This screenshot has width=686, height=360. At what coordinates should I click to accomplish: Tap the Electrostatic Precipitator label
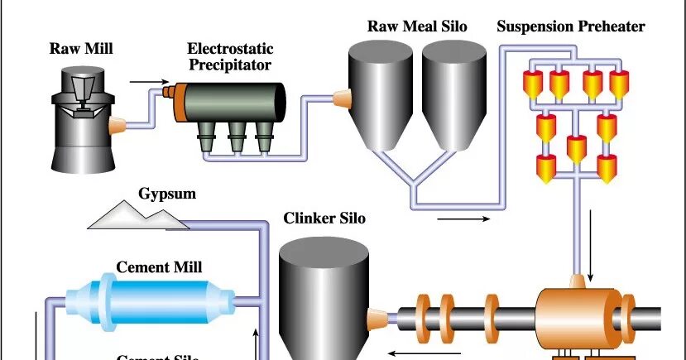(x=224, y=57)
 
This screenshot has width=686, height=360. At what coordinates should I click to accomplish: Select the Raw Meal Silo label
(x=417, y=26)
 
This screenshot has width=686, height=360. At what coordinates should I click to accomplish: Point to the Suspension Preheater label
(x=571, y=26)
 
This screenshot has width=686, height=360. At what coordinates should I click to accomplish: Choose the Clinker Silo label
(x=324, y=219)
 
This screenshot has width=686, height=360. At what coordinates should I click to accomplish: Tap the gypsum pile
(x=137, y=217)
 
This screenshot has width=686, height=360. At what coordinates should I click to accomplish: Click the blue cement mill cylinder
(x=157, y=301)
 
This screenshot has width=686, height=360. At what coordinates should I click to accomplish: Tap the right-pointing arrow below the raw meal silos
(x=463, y=219)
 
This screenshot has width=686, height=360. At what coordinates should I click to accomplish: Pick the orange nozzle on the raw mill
(x=117, y=127)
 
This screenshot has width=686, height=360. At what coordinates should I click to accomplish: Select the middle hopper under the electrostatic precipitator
(x=237, y=137)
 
